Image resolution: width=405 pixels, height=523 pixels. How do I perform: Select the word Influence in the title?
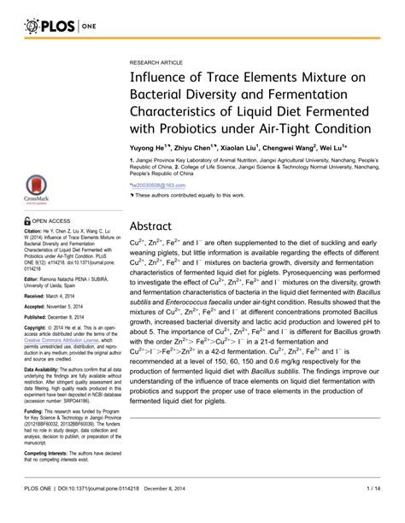[x=161, y=79]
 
